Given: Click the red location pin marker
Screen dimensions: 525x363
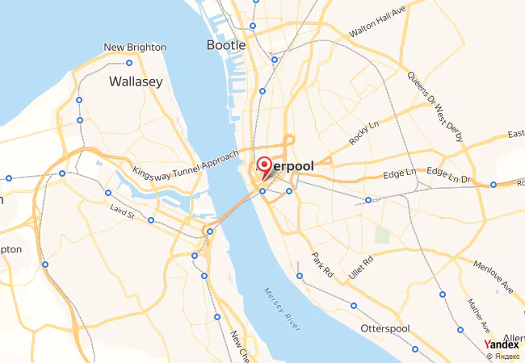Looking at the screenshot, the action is pyautogui.click(x=263, y=168).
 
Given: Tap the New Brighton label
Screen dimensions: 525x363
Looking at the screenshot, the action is pyautogui.click(x=135, y=48).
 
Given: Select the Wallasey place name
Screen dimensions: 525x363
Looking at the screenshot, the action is pyautogui.click(x=136, y=81).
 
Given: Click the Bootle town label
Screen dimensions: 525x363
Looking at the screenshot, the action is pyautogui.click(x=225, y=45).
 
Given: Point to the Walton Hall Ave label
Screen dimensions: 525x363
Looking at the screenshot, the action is pyautogui.click(x=376, y=21).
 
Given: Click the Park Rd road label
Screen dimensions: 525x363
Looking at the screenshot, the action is pyautogui.click(x=323, y=265).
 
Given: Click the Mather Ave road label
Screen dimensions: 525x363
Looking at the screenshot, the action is pyautogui.click(x=478, y=315).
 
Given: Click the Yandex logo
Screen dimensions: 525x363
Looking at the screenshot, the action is pyautogui.click(x=502, y=344).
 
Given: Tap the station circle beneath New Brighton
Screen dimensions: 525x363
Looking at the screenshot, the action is pyautogui.click(x=128, y=63).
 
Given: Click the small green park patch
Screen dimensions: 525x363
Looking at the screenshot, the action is pyautogui.click(x=382, y=236).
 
